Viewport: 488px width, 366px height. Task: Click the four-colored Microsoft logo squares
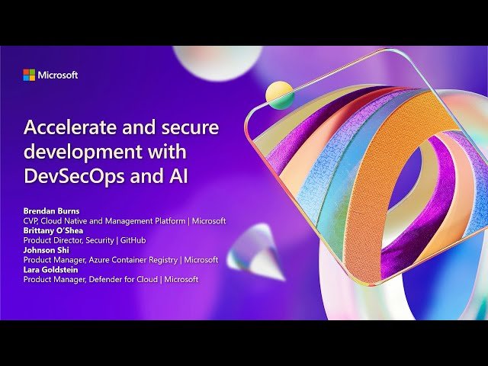coord(29,75)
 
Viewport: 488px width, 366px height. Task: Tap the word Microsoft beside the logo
coord(58,75)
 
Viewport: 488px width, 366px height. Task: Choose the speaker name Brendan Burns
coord(50,210)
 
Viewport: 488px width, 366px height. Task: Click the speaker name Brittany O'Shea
coord(53,230)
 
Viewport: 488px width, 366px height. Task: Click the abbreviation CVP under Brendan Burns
coord(31,220)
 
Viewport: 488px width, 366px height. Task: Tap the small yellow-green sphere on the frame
coord(279,95)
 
